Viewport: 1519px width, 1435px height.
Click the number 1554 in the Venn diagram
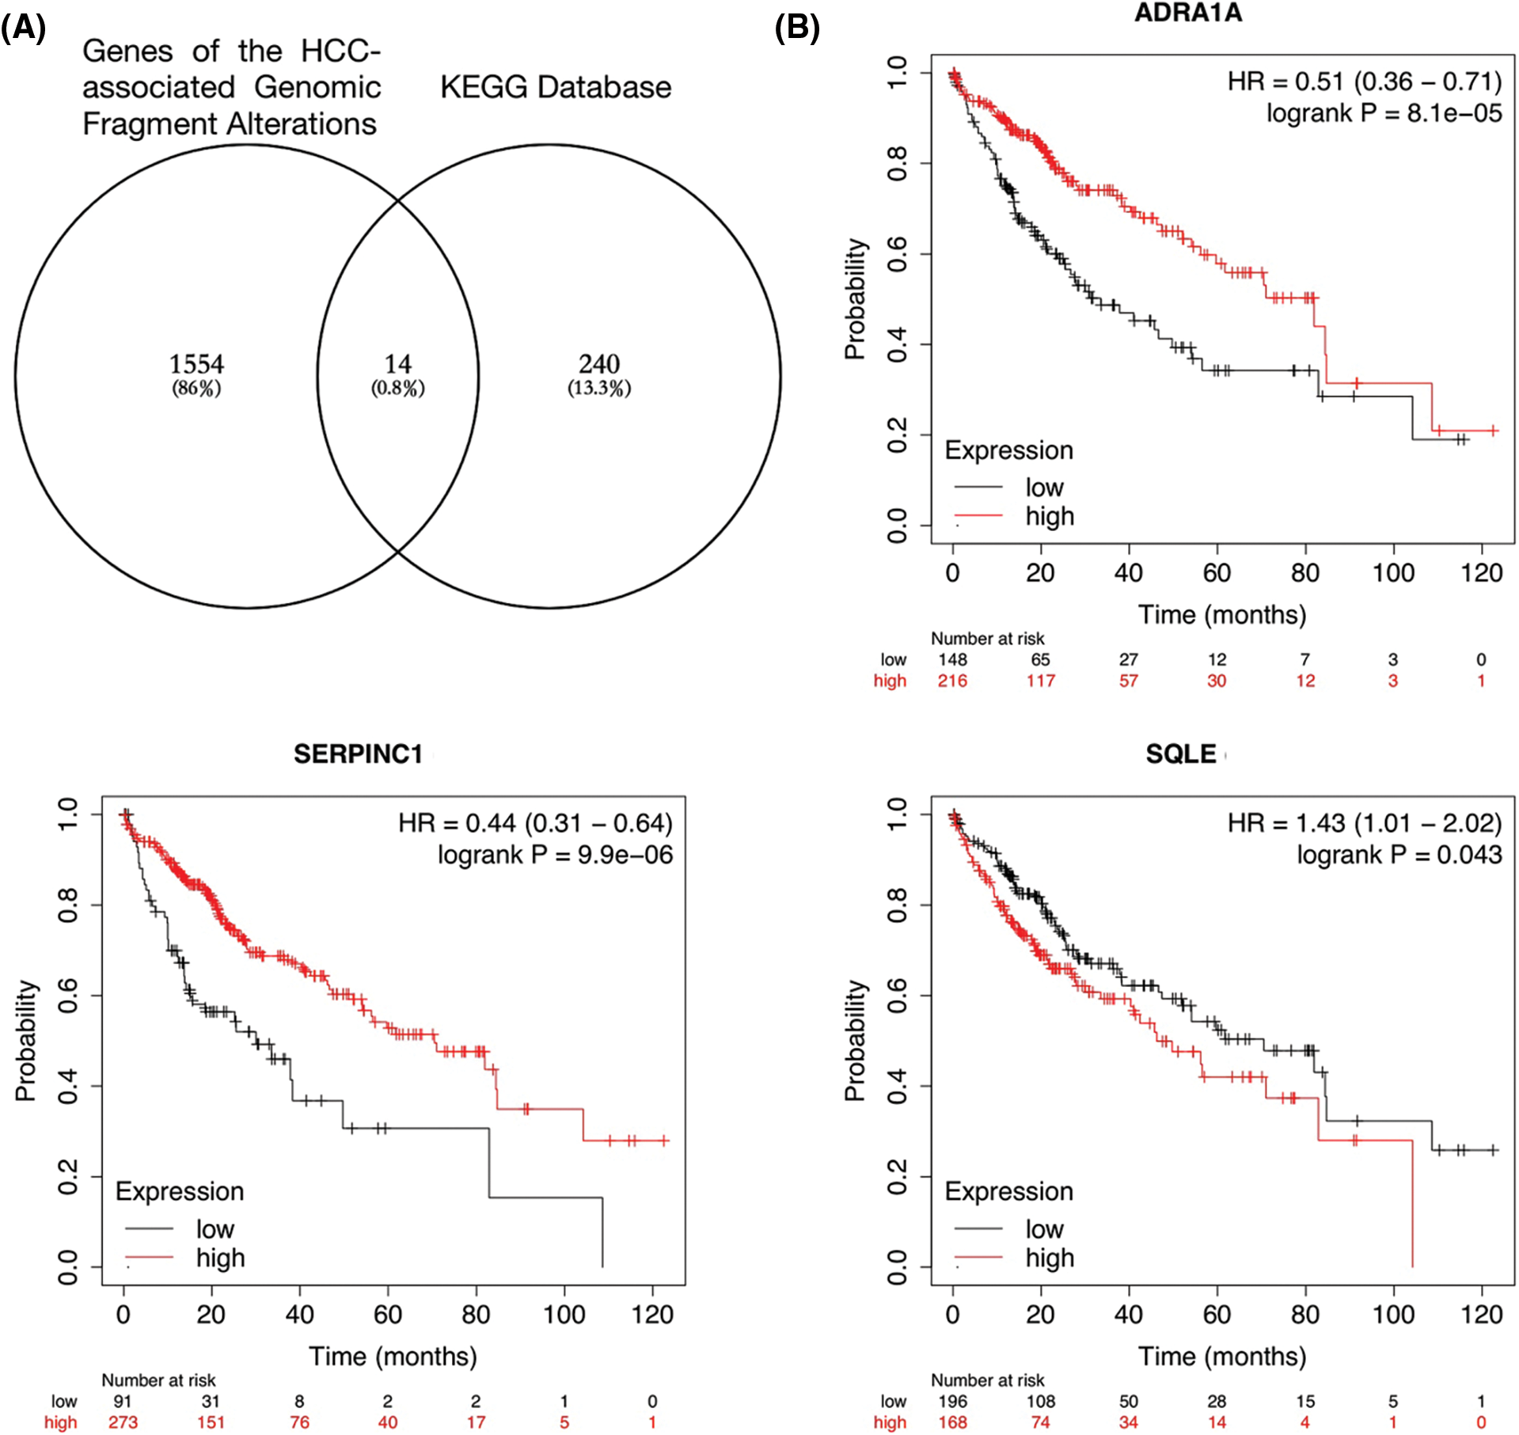[x=196, y=364]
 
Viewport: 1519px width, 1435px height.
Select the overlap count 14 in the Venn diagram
[x=398, y=364]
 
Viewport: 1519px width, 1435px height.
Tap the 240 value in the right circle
[x=599, y=364]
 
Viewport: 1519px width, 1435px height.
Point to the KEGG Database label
[x=556, y=87]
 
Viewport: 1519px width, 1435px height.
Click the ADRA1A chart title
[x=1188, y=13]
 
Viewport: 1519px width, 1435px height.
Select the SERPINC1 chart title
[x=359, y=754]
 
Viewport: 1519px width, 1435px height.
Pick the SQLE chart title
[x=1181, y=754]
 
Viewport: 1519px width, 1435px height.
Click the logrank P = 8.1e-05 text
[x=1384, y=114]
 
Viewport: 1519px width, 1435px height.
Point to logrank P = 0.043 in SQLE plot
[x=1399, y=855]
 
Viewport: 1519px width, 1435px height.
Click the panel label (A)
[x=24, y=28]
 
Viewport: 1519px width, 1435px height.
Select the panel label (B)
[x=797, y=28]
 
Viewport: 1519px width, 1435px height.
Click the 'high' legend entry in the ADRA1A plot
[x=1050, y=516]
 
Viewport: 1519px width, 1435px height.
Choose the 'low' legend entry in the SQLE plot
[x=1044, y=1229]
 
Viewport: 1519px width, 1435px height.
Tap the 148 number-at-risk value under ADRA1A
[x=952, y=659]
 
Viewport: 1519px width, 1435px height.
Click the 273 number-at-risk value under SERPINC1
[x=123, y=1422]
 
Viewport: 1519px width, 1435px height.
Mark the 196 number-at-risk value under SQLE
[x=952, y=1401]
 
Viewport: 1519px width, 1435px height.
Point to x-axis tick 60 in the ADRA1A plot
[x=1217, y=573]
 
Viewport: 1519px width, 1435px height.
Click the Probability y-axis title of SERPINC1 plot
[x=26, y=1041]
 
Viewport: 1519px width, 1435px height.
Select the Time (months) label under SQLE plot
[x=1221, y=1357]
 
